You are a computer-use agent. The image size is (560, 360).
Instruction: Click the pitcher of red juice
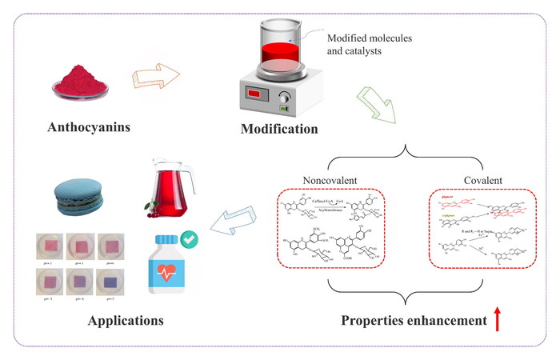[x=169, y=189]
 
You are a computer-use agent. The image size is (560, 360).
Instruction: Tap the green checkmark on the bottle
[x=191, y=238]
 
